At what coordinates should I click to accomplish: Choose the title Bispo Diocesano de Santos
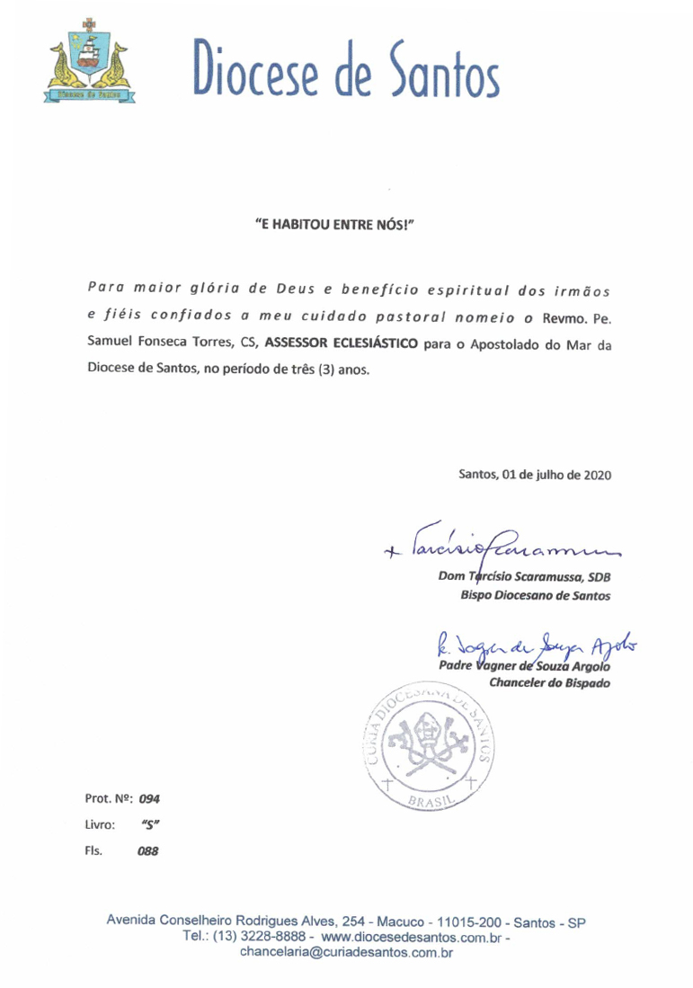click(536, 596)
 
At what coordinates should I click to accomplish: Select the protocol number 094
click(148, 798)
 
